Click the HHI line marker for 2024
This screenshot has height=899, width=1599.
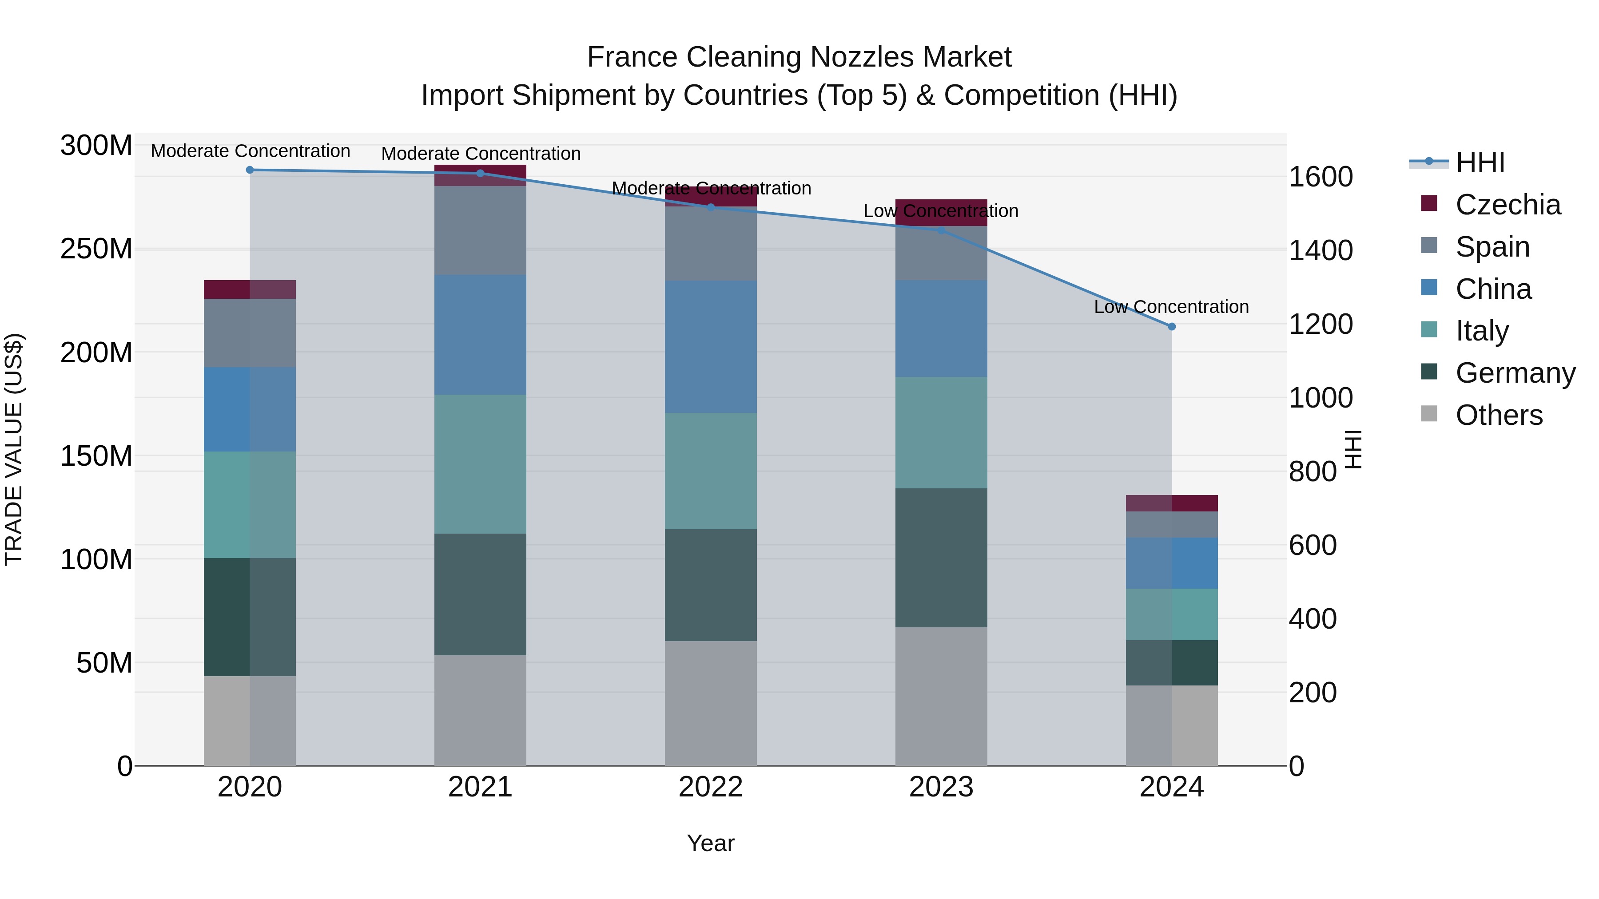(1171, 326)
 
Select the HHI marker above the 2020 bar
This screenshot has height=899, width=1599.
(250, 170)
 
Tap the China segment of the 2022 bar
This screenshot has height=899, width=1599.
(711, 346)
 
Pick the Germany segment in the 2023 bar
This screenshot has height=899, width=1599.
(941, 557)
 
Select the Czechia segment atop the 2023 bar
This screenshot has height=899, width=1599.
(941, 212)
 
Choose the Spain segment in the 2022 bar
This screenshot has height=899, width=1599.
(711, 243)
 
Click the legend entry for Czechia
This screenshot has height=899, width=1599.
(1507, 205)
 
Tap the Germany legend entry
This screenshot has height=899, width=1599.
(1515, 373)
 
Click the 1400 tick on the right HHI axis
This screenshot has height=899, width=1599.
(1321, 251)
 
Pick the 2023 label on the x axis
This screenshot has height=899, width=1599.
(941, 787)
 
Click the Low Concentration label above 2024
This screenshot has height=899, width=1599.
(1171, 306)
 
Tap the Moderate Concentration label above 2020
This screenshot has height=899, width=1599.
(250, 151)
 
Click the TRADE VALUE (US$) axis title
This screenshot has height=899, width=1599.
(14, 449)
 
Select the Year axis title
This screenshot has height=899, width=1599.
(710, 843)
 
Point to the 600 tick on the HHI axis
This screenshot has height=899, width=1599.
(1312, 545)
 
